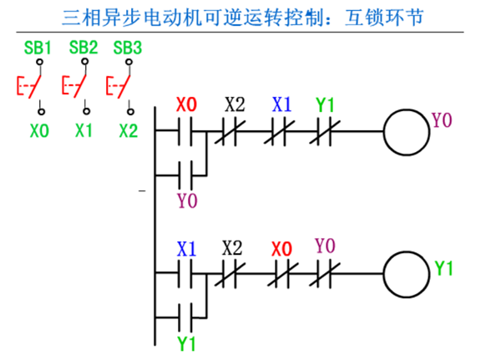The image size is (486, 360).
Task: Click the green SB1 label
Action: (38, 48)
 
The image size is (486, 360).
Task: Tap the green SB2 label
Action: (84, 48)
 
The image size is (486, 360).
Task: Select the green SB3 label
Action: (128, 48)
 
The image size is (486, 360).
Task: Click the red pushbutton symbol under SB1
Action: (28, 86)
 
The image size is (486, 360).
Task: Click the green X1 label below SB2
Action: (84, 130)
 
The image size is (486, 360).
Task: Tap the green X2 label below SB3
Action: (129, 130)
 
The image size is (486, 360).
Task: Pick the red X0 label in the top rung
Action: (186, 104)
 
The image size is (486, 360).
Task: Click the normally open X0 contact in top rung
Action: (185, 131)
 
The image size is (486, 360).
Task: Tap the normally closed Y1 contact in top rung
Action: (324, 131)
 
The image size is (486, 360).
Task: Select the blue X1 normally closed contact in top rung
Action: (279, 131)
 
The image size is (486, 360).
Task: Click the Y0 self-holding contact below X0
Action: (185, 175)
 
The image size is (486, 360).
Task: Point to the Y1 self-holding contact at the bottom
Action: (185, 317)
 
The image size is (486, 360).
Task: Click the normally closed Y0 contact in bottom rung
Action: (324, 273)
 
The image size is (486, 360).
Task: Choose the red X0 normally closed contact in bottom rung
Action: (283, 273)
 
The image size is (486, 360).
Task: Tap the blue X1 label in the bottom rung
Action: (186, 249)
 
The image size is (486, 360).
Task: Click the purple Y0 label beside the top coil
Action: (442, 120)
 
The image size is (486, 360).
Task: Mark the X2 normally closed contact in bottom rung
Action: (230, 273)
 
